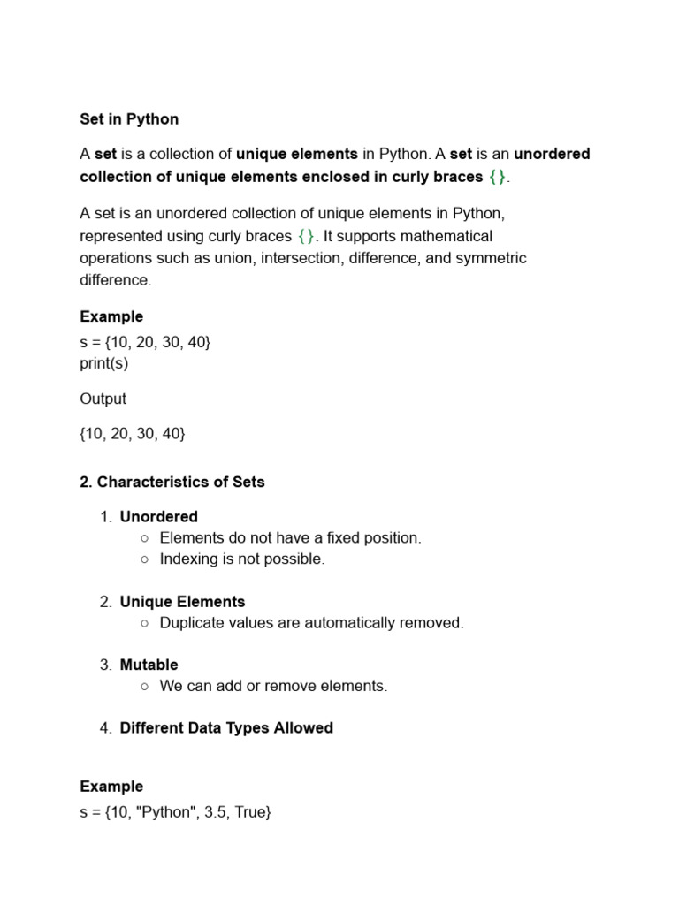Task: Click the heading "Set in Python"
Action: click(129, 119)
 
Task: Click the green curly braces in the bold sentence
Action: click(498, 177)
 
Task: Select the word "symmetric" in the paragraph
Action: click(491, 258)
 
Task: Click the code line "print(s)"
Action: click(103, 363)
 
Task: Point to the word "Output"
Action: click(103, 399)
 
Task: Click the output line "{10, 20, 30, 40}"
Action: click(133, 434)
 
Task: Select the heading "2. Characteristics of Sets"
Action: click(172, 482)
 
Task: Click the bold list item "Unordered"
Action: click(159, 516)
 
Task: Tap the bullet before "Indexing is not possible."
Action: click(144, 559)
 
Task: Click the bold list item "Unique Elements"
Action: click(182, 602)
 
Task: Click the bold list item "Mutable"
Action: click(149, 665)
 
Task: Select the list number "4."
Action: click(106, 728)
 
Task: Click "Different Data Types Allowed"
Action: click(226, 728)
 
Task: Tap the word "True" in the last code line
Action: click(250, 810)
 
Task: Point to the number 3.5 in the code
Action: click(215, 810)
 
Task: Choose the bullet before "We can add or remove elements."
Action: click(144, 687)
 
